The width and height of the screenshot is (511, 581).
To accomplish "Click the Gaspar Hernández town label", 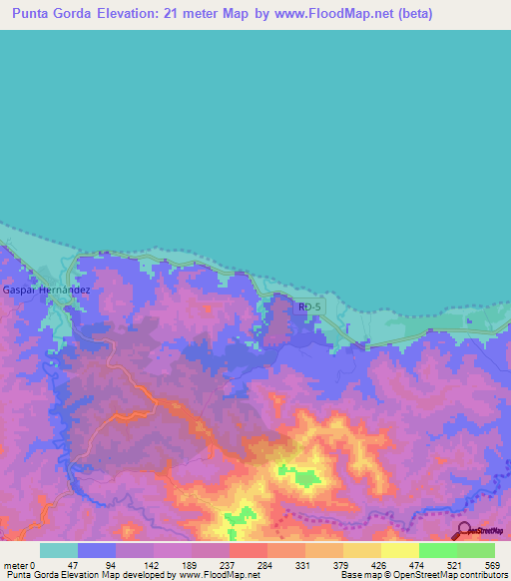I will click(47, 290).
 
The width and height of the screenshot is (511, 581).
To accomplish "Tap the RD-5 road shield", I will click(310, 307).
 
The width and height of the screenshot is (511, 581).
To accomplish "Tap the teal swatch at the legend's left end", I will click(59, 550).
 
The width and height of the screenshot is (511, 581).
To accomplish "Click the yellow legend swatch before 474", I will click(400, 550).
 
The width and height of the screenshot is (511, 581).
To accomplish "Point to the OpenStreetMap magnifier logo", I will click(465, 530).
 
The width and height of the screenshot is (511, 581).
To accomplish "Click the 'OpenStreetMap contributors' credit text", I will click(453, 575).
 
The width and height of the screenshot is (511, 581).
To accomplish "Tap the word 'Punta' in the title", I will click(35, 14).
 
